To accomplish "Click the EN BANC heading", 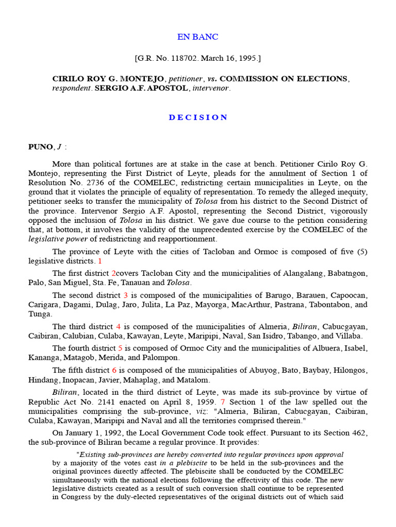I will [198, 37].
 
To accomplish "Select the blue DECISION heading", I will [198, 117].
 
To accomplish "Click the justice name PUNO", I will [40, 147].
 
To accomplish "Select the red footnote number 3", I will [125, 295].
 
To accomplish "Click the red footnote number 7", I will [223, 402].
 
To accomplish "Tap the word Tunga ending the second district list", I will [39, 314].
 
